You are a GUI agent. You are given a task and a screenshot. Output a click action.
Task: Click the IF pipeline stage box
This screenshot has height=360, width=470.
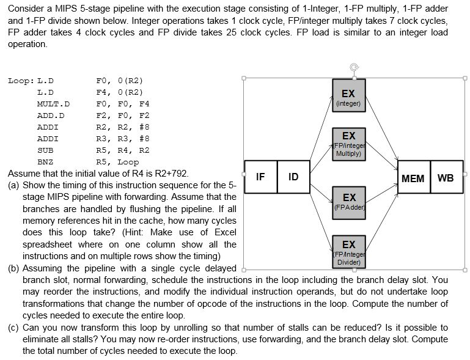click(260, 177)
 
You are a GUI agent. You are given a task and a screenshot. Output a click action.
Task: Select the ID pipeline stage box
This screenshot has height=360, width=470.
click(293, 177)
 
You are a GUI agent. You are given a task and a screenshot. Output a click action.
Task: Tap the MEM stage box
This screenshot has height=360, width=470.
click(413, 178)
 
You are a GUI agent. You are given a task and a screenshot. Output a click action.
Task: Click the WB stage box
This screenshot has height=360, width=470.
click(446, 178)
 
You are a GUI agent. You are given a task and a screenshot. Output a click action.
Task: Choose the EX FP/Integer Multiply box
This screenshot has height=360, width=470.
click(348, 145)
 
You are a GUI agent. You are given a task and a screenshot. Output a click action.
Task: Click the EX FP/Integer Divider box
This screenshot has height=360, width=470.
click(348, 251)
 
